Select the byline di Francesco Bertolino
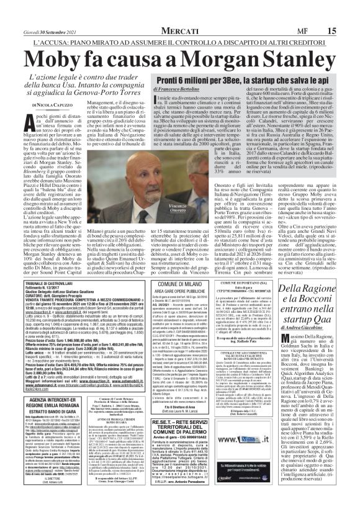[181, 92]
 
